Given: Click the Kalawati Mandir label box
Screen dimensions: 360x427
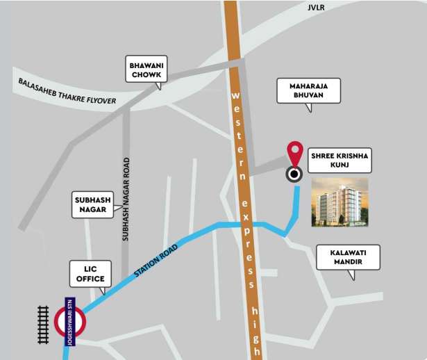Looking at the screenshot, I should click(x=349, y=257).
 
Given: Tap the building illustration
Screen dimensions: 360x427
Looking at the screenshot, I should click(x=340, y=202).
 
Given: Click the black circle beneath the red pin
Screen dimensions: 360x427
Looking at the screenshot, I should click(x=295, y=174).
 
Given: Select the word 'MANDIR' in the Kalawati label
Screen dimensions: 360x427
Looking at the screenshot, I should click(x=349, y=263).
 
